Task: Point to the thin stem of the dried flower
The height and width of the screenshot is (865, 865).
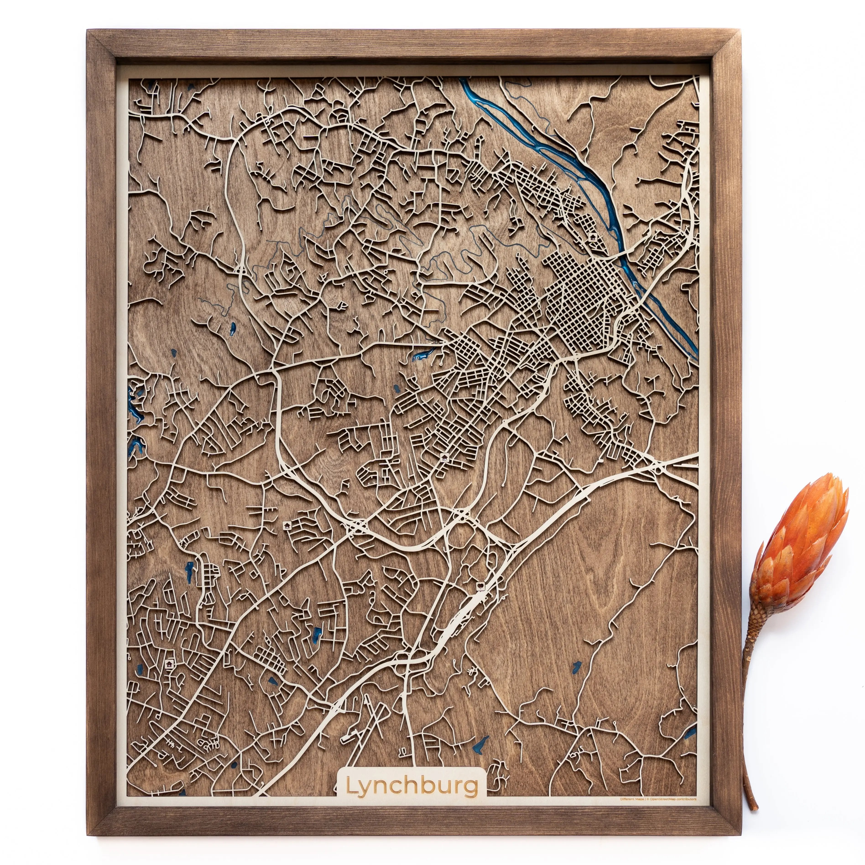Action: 749,743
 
